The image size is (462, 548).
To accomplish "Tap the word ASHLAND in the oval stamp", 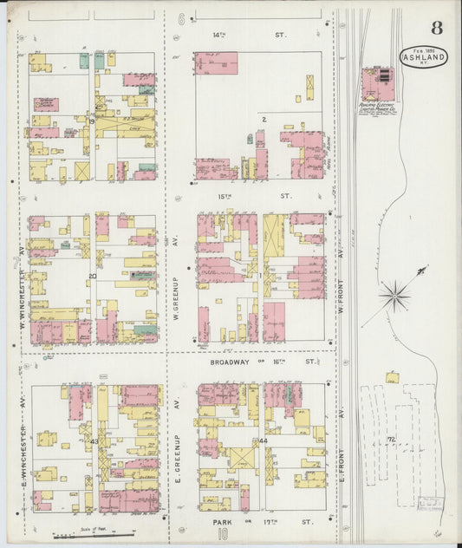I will pos(424,57).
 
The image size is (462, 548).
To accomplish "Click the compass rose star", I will pos(395,297).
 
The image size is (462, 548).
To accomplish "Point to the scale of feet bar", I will pos(95,534).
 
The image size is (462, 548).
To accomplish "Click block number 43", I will pos(93,441).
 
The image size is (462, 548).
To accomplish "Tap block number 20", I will pos(92,277).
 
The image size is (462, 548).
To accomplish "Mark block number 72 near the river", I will pos(391,440).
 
